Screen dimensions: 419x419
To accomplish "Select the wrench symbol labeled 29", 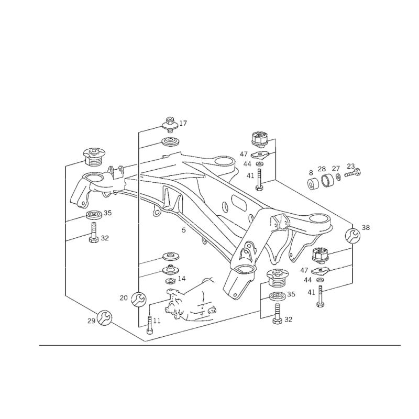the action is pos(104,318).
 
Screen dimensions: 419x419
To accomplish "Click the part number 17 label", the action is pos(183,123).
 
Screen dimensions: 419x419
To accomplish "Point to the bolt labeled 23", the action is pos(352,173).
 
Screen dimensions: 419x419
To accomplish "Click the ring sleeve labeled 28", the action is pos(326,181).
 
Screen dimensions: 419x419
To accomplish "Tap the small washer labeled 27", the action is pos(338,177).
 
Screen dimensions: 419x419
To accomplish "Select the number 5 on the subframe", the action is pos(184,230).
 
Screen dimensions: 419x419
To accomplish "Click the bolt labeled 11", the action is pos(149,325).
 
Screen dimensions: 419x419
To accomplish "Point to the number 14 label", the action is pos(181,279).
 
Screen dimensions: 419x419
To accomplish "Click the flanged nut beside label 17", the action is pos(170,125).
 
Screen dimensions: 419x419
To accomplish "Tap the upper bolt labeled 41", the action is pos(259,179).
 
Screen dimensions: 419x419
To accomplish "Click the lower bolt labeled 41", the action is pos(319,296).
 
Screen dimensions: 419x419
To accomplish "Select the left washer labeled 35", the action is pos(94,215).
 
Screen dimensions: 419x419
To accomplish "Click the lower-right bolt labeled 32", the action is pos(278,314).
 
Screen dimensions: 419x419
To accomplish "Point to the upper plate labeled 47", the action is pos(259,154).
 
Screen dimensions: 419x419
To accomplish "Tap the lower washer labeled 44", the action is pos(319,280).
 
